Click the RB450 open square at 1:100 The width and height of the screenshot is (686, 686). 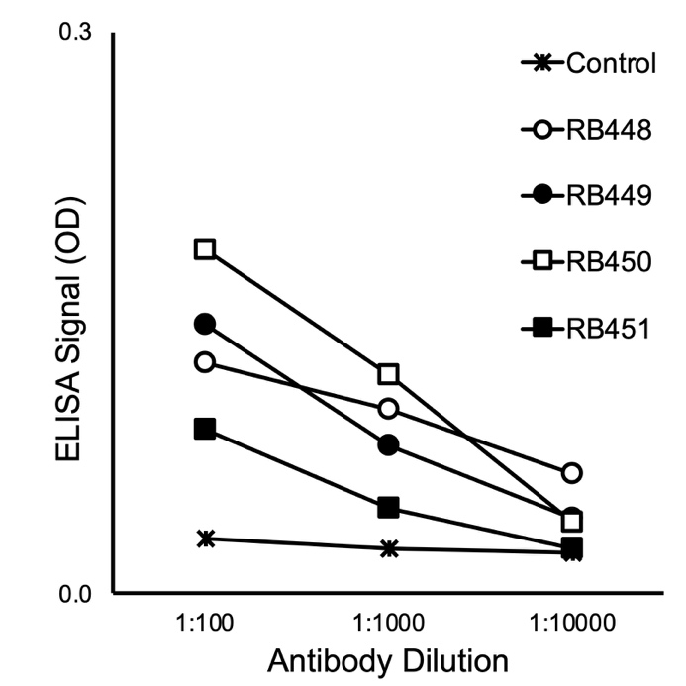[x=205, y=248]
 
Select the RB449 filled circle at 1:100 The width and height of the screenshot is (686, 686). [x=205, y=324]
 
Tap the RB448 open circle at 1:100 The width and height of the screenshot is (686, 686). [x=205, y=362]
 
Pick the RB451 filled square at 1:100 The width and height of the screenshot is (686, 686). [x=205, y=429]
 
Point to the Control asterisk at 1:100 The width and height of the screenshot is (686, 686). [x=206, y=539]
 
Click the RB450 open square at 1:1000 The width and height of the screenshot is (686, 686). [x=389, y=374]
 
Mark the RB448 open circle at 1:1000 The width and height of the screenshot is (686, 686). [x=389, y=408]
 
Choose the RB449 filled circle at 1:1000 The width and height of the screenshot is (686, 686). [x=389, y=445]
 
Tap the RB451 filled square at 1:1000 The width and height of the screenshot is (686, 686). [x=389, y=508]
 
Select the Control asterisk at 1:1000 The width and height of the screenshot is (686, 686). [x=389, y=548]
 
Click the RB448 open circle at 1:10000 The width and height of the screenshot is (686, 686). [x=571, y=473]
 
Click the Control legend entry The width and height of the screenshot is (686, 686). [x=590, y=65]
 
